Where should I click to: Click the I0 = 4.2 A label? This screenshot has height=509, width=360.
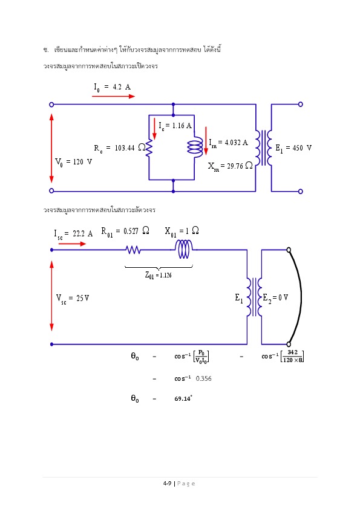click(112, 87)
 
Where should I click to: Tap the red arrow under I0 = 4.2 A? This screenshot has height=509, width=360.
click(113, 96)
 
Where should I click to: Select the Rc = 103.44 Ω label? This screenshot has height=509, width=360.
click(120, 148)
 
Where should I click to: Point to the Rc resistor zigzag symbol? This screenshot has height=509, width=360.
click(149, 149)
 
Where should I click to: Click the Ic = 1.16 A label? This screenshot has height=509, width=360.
click(175, 126)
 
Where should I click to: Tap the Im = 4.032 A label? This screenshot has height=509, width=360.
click(229, 143)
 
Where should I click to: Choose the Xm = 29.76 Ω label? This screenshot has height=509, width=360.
click(231, 166)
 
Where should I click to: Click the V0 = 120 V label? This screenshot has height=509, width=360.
click(73, 162)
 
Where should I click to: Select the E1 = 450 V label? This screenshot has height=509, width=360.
click(293, 148)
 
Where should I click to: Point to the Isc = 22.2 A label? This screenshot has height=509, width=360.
click(73, 234)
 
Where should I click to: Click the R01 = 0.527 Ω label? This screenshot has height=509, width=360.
click(125, 232)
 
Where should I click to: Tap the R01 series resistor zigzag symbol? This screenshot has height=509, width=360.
click(133, 250)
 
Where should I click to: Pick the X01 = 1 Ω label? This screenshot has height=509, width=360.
click(182, 231)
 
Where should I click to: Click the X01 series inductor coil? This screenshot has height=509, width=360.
click(183, 249)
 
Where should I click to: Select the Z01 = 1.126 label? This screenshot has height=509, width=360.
click(159, 275)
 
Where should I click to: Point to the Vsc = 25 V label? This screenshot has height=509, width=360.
click(73, 298)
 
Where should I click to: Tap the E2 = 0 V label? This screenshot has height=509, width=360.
click(275, 298)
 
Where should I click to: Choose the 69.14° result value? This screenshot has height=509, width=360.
click(183, 398)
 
